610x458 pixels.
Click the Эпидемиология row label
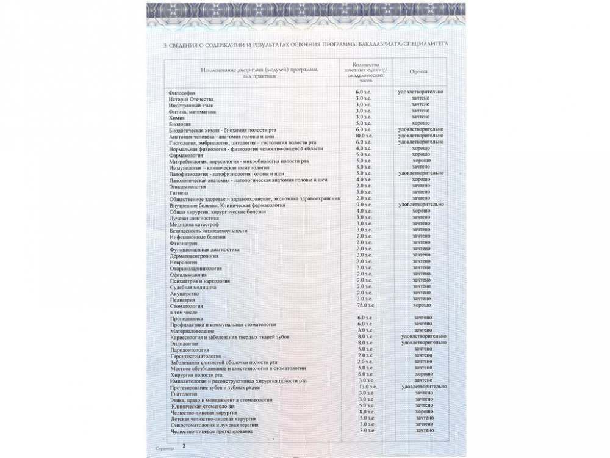[187, 186]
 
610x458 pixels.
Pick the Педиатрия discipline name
[183, 299]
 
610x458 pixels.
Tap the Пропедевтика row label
[185, 318]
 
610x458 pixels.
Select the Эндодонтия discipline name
[184, 343]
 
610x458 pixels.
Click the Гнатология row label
[184, 394]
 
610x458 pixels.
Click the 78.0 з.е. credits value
[365, 305]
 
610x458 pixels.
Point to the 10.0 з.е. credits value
[364, 136]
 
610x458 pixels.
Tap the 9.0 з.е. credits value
[364, 205]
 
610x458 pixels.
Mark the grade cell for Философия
[420, 92]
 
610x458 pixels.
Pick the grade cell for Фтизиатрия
[421, 242]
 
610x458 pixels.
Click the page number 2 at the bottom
[184, 446]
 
